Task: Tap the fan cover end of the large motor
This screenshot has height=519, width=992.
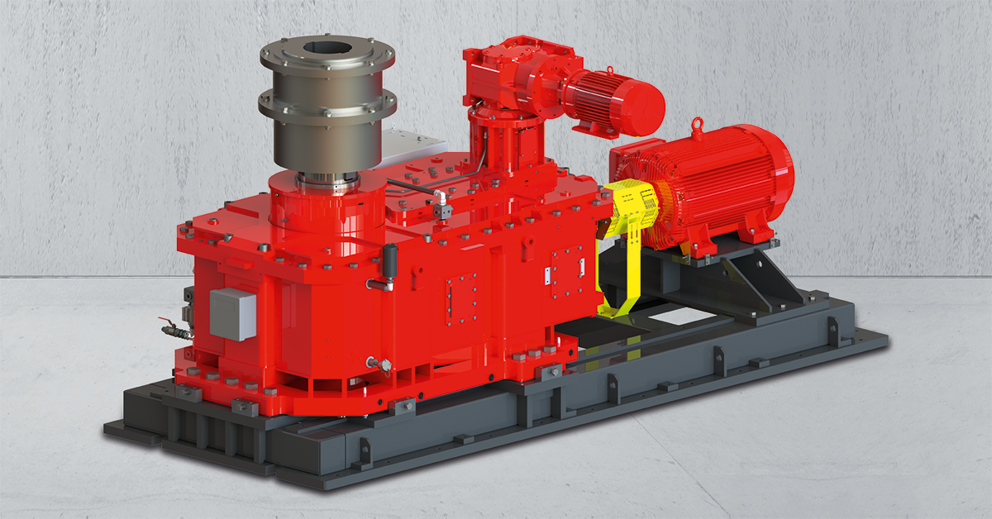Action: (x=773, y=176)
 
